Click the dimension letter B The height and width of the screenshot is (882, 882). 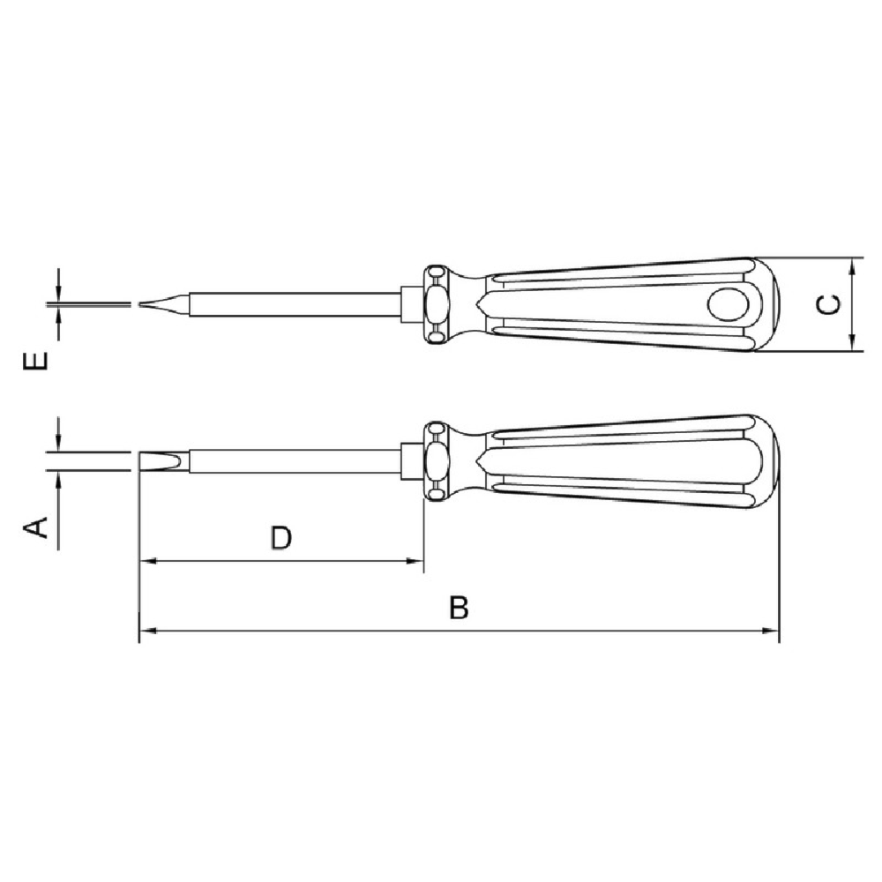(x=459, y=608)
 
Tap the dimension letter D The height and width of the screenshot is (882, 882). (x=281, y=538)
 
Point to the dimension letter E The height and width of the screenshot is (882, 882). (x=35, y=361)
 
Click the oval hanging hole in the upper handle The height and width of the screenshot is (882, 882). (x=728, y=305)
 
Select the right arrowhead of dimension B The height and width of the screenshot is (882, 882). (x=771, y=631)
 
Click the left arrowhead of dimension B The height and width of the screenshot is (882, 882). (x=147, y=631)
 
